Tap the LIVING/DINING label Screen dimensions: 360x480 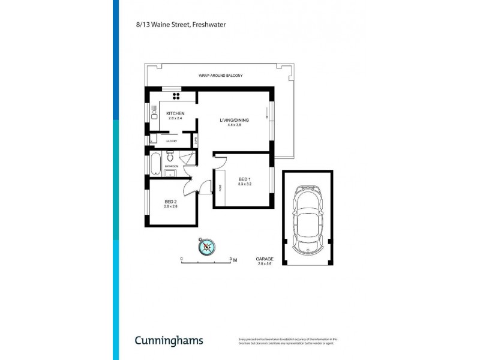click(x=235, y=120)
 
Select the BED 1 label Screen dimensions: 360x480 click(x=244, y=179)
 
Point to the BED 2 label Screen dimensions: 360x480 click(x=171, y=201)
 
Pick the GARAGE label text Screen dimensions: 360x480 click(x=265, y=259)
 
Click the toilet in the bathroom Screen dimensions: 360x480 click(x=169, y=155)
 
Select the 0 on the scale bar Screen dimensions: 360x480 click(x=182, y=259)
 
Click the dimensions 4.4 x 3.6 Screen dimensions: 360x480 click(x=235, y=125)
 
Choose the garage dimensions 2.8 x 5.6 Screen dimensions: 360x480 click(x=265, y=264)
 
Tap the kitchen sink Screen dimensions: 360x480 click(x=154, y=110)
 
